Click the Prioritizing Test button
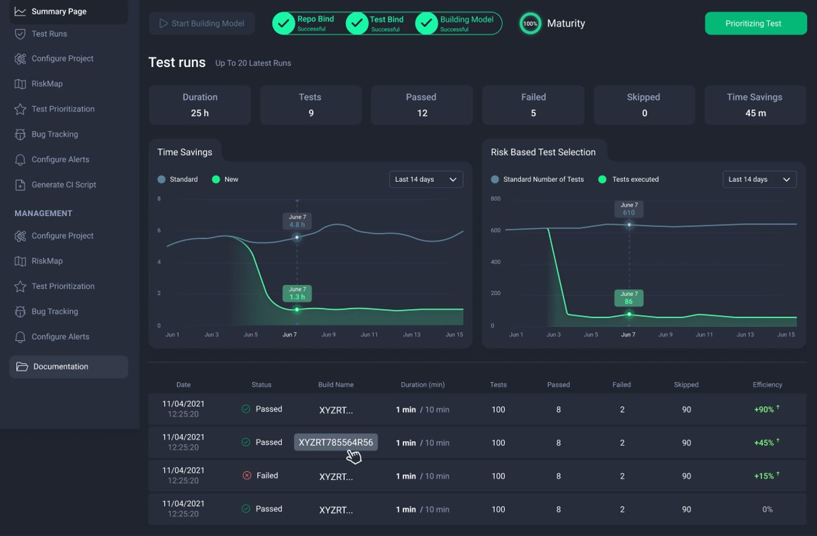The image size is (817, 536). [x=755, y=24]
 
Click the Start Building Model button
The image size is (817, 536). [x=202, y=24]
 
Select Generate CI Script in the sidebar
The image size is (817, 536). [x=63, y=185]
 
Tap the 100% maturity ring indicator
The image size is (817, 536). [x=530, y=24]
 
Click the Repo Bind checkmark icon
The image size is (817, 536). [x=283, y=24]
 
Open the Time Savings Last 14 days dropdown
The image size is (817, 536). [x=426, y=179]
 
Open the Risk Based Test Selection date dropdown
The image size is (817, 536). [x=759, y=179]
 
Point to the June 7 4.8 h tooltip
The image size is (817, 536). [x=296, y=221]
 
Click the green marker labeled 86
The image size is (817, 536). [x=629, y=314]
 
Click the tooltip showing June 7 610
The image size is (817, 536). [x=629, y=209]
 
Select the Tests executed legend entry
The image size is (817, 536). [x=629, y=179]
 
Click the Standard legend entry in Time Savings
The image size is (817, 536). [x=178, y=179]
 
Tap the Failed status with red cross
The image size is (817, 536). [x=260, y=476]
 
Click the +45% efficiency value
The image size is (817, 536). [x=764, y=442]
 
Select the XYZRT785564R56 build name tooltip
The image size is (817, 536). [x=336, y=442]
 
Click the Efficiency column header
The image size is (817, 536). [x=767, y=384]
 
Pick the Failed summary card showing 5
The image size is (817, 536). [x=533, y=105]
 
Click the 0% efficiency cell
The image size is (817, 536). [x=767, y=509]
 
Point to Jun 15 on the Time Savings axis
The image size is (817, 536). [x=453, y=334]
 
